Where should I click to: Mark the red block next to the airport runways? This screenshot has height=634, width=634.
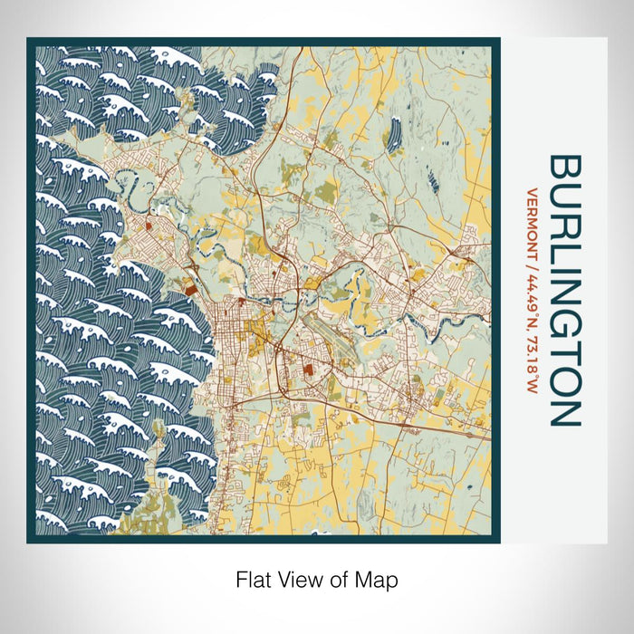(309, 370)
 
